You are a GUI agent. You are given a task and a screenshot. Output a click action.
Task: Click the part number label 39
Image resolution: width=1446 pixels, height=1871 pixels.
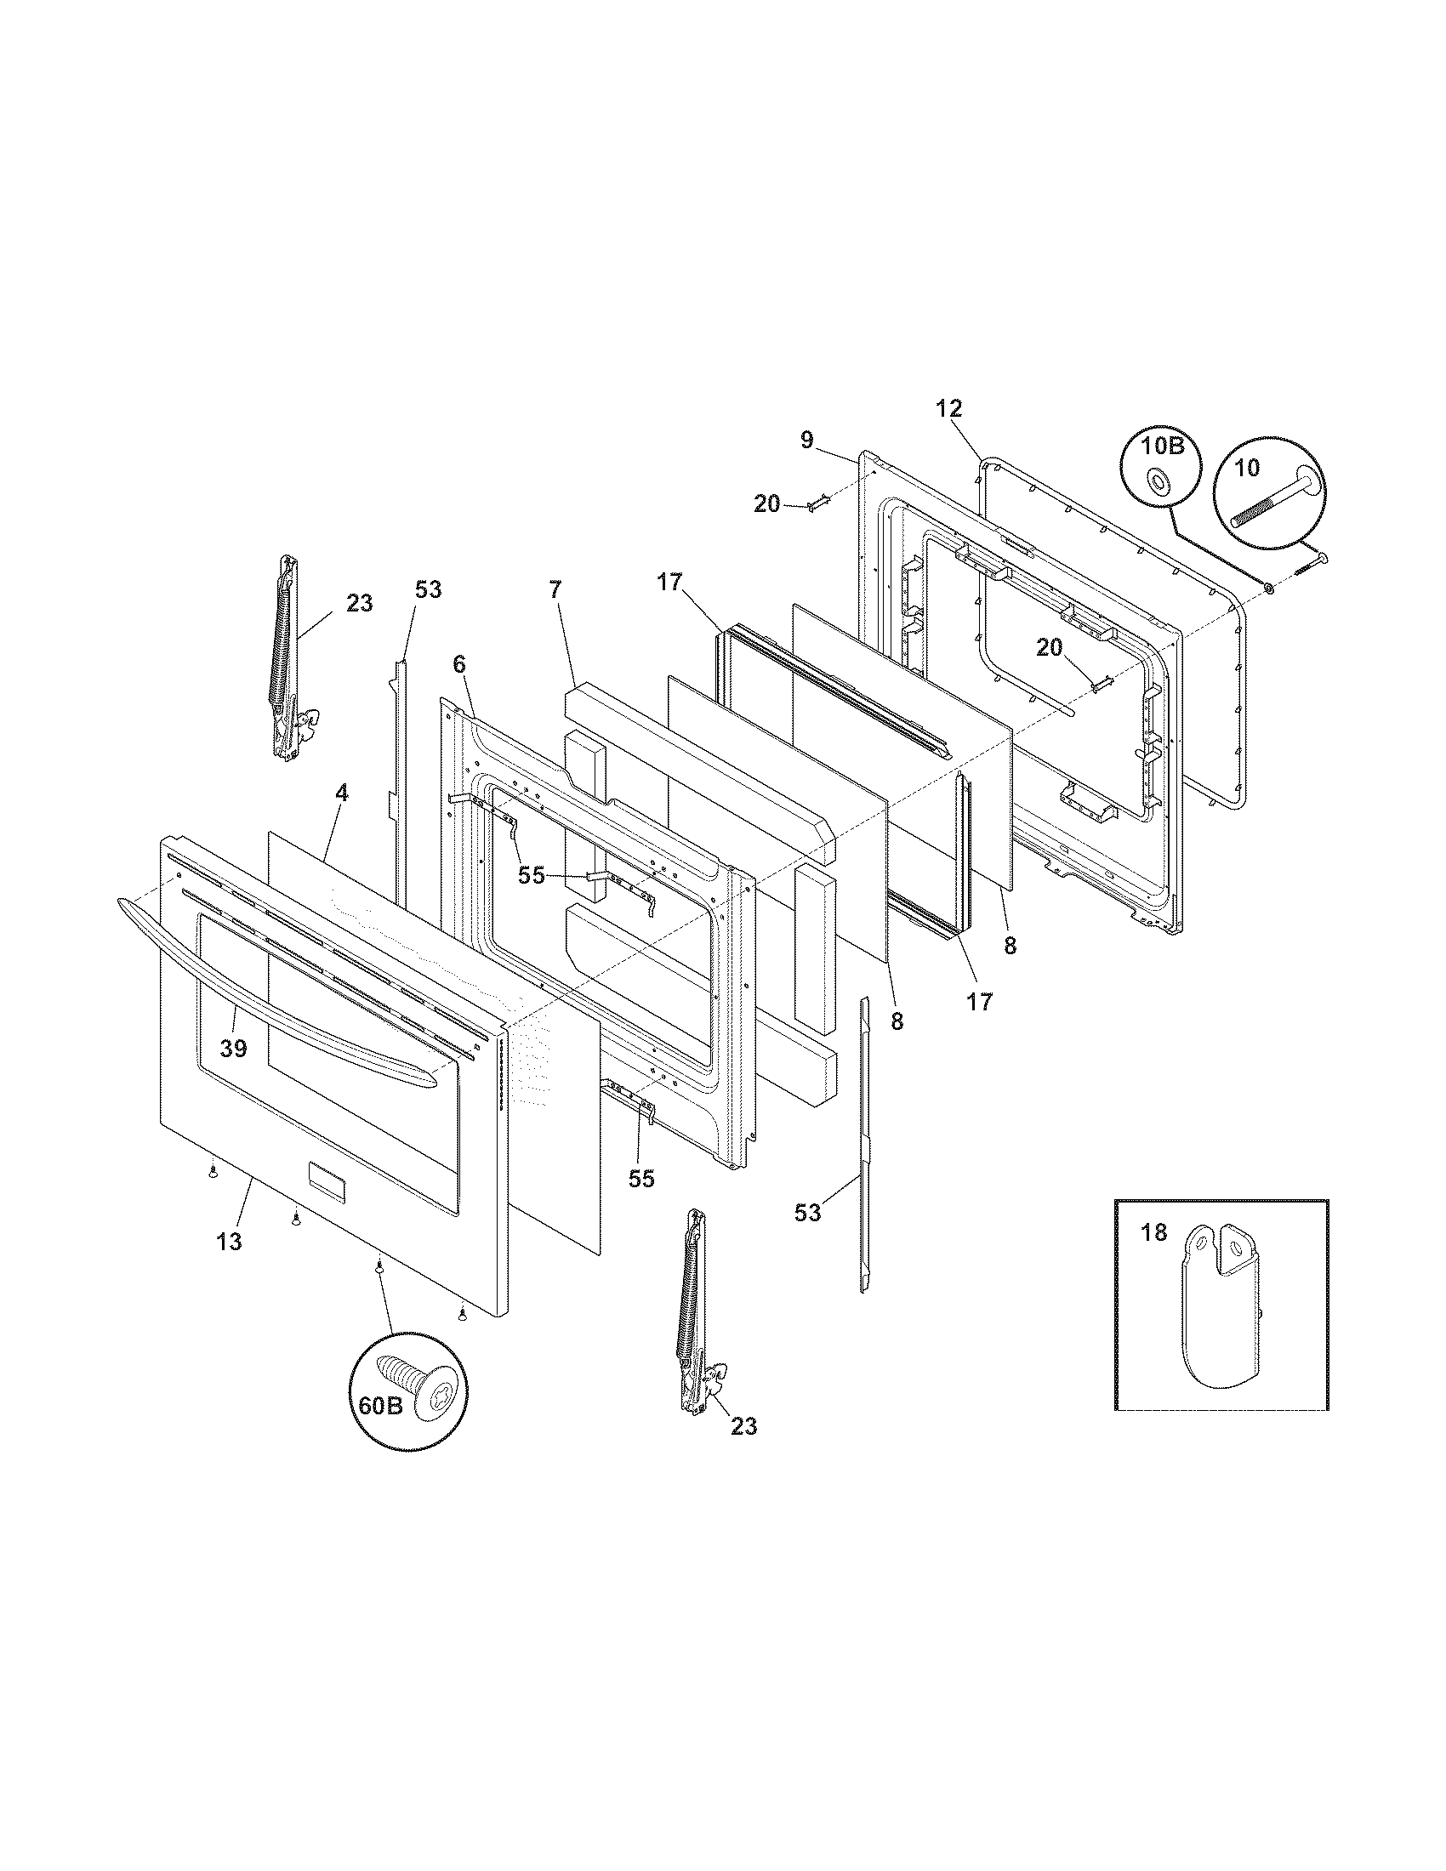point(233,1048)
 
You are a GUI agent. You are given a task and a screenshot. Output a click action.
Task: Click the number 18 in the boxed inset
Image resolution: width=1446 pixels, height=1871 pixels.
point(1154,1233)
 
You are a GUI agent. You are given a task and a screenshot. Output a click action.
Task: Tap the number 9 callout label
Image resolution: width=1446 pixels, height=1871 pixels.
point(807,441)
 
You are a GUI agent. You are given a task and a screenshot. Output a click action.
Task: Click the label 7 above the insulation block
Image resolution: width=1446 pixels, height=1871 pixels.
point(555,589)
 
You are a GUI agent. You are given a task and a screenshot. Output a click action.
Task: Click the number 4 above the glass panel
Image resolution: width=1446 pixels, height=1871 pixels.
point(342,793)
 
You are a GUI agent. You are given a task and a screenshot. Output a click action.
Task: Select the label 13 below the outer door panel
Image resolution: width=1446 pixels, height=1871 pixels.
point(229,1241)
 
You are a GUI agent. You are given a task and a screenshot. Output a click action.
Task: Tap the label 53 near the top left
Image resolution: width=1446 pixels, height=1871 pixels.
point(429,589)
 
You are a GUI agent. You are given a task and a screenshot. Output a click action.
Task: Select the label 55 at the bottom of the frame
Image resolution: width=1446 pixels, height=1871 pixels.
point(640,1179)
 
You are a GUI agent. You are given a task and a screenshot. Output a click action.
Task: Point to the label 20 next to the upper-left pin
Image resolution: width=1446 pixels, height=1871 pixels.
point(766,504)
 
